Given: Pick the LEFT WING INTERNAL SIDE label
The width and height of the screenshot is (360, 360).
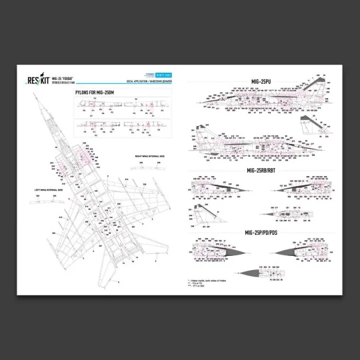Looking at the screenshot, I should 51,190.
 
